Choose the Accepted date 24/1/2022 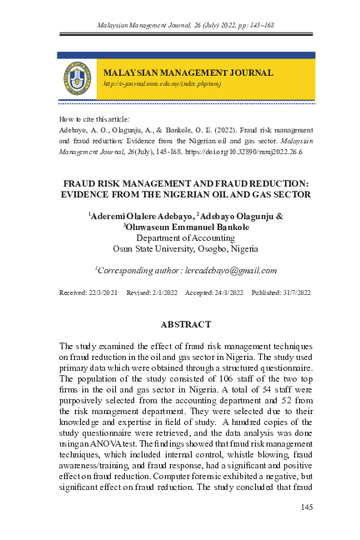pyautogui.click(x=225, y=293)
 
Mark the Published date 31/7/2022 pyautogui.click(x=293, y=293)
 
